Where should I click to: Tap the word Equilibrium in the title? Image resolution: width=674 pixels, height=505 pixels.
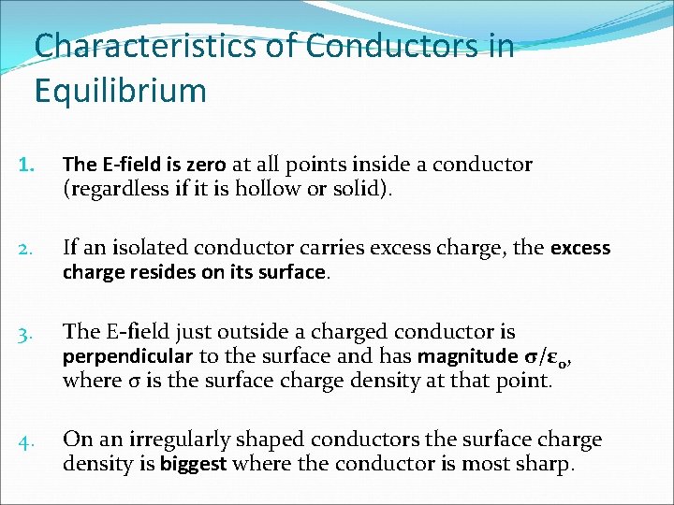(120, 91)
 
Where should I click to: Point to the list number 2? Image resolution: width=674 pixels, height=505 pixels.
(27, 249)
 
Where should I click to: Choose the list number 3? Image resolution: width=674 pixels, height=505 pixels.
(27, 332)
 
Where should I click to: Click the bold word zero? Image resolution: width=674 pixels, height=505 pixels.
(206, 165)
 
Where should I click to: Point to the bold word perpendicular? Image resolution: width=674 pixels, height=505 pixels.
(127, 356)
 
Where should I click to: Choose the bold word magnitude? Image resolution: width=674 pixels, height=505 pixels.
(464, 356)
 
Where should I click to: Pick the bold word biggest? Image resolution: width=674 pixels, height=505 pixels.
(192, 465)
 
